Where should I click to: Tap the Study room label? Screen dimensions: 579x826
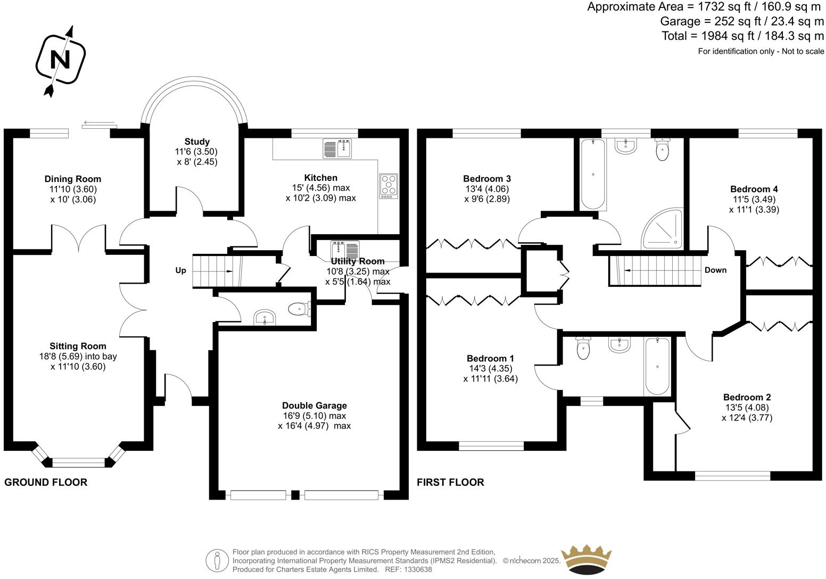[x=197, y=142]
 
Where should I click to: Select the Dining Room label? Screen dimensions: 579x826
[x=73, y=179]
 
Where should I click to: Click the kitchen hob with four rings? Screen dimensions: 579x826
[x=389, y=186]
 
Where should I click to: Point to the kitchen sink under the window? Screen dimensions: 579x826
[x=337, y=148]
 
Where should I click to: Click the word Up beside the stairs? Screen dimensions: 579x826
[x=181, y=271]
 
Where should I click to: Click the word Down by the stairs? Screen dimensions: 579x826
[x=715, y=270]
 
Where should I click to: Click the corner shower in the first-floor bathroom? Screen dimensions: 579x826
[x=663, y=229]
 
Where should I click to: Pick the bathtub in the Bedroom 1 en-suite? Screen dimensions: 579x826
[x=657, y=367]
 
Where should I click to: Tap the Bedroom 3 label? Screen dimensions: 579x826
[x=487, y=179]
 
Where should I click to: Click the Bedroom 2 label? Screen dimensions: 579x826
[x=747, y=397]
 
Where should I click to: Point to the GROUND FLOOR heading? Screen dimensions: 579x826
[x=46, y=483]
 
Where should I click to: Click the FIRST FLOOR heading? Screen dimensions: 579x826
[x=450, y=483]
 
